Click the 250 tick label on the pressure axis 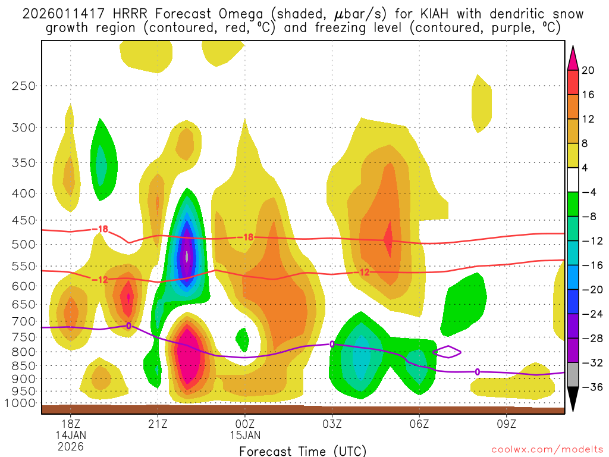pyautogui.click(x=23, y=86)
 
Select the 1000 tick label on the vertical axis pyautogui.click(x=20, y=403)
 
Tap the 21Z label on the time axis pyautogui.click(x=158, y=423)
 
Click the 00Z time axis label pyautogui.click(x=245, y=423)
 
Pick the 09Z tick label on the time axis pyautogui.click(x=507, y=423)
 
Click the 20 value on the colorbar pyautogui.click(x=588, y=70)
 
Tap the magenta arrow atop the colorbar pyautogui.click(x=573, y=58)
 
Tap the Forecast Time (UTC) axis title pyautogui.click(x=303, y=450)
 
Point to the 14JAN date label pyautogui.click(x=71, y=434)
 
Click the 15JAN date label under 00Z pyautogui.click(x=245, y=434)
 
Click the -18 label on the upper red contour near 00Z pyautogui.click(x=246, y=237)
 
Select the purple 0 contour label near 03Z pyautogui.click(x=332, y=344)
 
